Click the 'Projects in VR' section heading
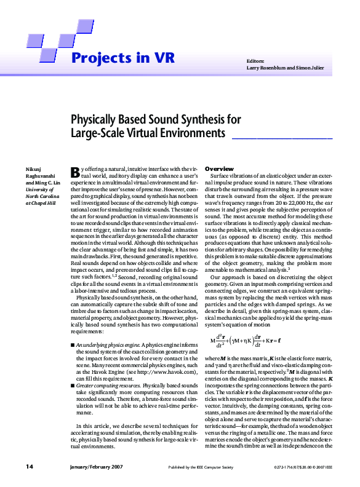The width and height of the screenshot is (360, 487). pos(122,58)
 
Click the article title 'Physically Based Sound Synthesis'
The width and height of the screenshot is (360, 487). pos(156,119)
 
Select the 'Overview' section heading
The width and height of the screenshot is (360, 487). pos(219,168)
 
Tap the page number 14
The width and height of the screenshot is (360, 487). pos(29,467)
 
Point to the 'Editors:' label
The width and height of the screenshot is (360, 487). pos(255,61)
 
